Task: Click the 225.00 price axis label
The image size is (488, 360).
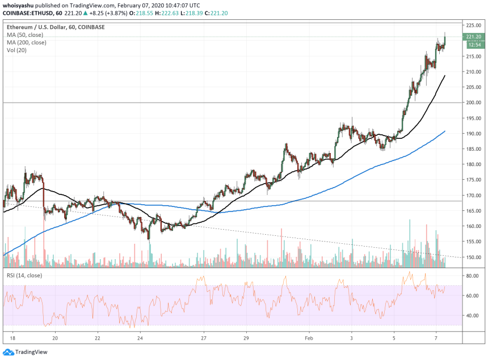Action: point(473,26)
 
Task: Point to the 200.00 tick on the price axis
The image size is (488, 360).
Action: point(473,103)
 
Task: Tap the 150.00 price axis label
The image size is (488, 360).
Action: point(473,257)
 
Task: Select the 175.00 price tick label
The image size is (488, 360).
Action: point(473,180)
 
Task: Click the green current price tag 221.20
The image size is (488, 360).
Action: point(473,37)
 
